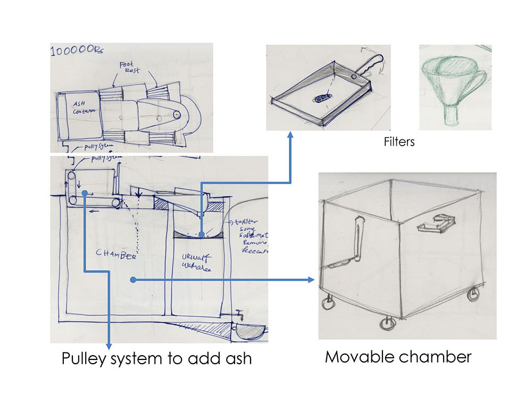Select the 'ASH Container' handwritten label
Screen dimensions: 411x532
click(84, 106)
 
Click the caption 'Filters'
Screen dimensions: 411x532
click(399, 142)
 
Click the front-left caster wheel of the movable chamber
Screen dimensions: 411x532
click(328, 304)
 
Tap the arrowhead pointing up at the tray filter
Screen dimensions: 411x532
click(290, 136)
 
